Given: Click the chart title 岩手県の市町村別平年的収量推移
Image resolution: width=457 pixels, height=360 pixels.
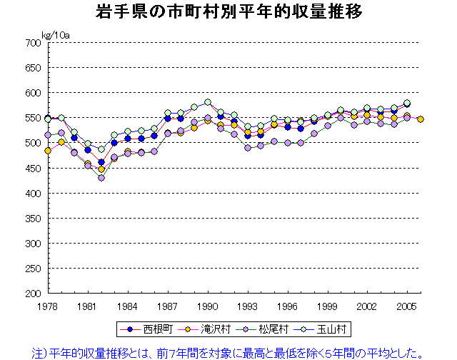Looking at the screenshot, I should coord(228,12).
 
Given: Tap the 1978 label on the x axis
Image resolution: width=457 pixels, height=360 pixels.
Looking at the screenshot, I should coord(48,304).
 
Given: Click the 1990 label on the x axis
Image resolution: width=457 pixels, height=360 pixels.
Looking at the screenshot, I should coord(208,304).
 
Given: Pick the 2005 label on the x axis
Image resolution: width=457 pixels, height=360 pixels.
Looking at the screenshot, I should coord(407,304).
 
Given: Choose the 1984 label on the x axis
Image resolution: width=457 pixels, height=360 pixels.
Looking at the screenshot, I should coord(128,304).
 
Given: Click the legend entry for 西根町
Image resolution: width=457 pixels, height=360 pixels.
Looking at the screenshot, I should coord(150,329).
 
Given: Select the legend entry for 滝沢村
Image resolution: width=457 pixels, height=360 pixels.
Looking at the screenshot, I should coord(208,329).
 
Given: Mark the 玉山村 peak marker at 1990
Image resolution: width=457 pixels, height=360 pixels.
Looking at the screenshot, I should coord(208,102).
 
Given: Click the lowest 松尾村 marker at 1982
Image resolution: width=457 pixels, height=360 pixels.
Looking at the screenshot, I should coord(101,178).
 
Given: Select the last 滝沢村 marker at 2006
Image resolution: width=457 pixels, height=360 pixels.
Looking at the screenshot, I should coord(421,119).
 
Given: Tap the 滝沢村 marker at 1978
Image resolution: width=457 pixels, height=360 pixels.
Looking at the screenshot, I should coord(48,151).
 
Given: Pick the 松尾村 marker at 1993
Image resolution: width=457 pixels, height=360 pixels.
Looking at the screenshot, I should coord(248,148).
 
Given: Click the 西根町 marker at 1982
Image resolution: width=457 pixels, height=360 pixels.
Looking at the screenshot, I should coord(101,162).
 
